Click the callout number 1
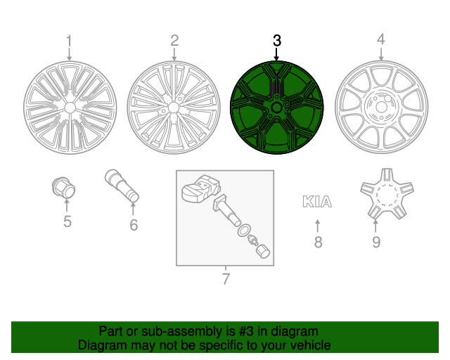point(69,40)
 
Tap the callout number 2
point(174,40)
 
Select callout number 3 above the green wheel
point(276,40)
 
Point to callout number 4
point(380,40)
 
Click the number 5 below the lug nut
point(67,223)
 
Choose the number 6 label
point(133,225)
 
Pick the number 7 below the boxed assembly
point(226,279)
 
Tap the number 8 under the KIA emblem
point(318,243)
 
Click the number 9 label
point(375,243)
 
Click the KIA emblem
point(317,202)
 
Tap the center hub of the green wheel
point(276,108)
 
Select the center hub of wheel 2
point(174,108)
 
